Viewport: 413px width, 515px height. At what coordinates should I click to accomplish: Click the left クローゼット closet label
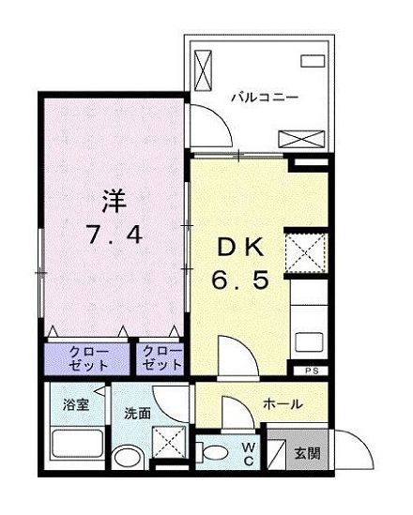pos(88,358)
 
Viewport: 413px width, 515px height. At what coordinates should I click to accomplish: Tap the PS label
pos(311,371)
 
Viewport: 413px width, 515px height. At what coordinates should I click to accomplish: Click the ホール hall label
pos(282,404)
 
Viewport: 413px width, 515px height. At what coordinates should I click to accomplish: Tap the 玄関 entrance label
pos(307,453)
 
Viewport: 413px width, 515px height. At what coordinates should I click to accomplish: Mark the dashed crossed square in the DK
pos(306,251)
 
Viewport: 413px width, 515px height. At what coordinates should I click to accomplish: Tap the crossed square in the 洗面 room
pos(169,440)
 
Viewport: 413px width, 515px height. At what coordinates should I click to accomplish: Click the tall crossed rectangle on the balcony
pos(204,69)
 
